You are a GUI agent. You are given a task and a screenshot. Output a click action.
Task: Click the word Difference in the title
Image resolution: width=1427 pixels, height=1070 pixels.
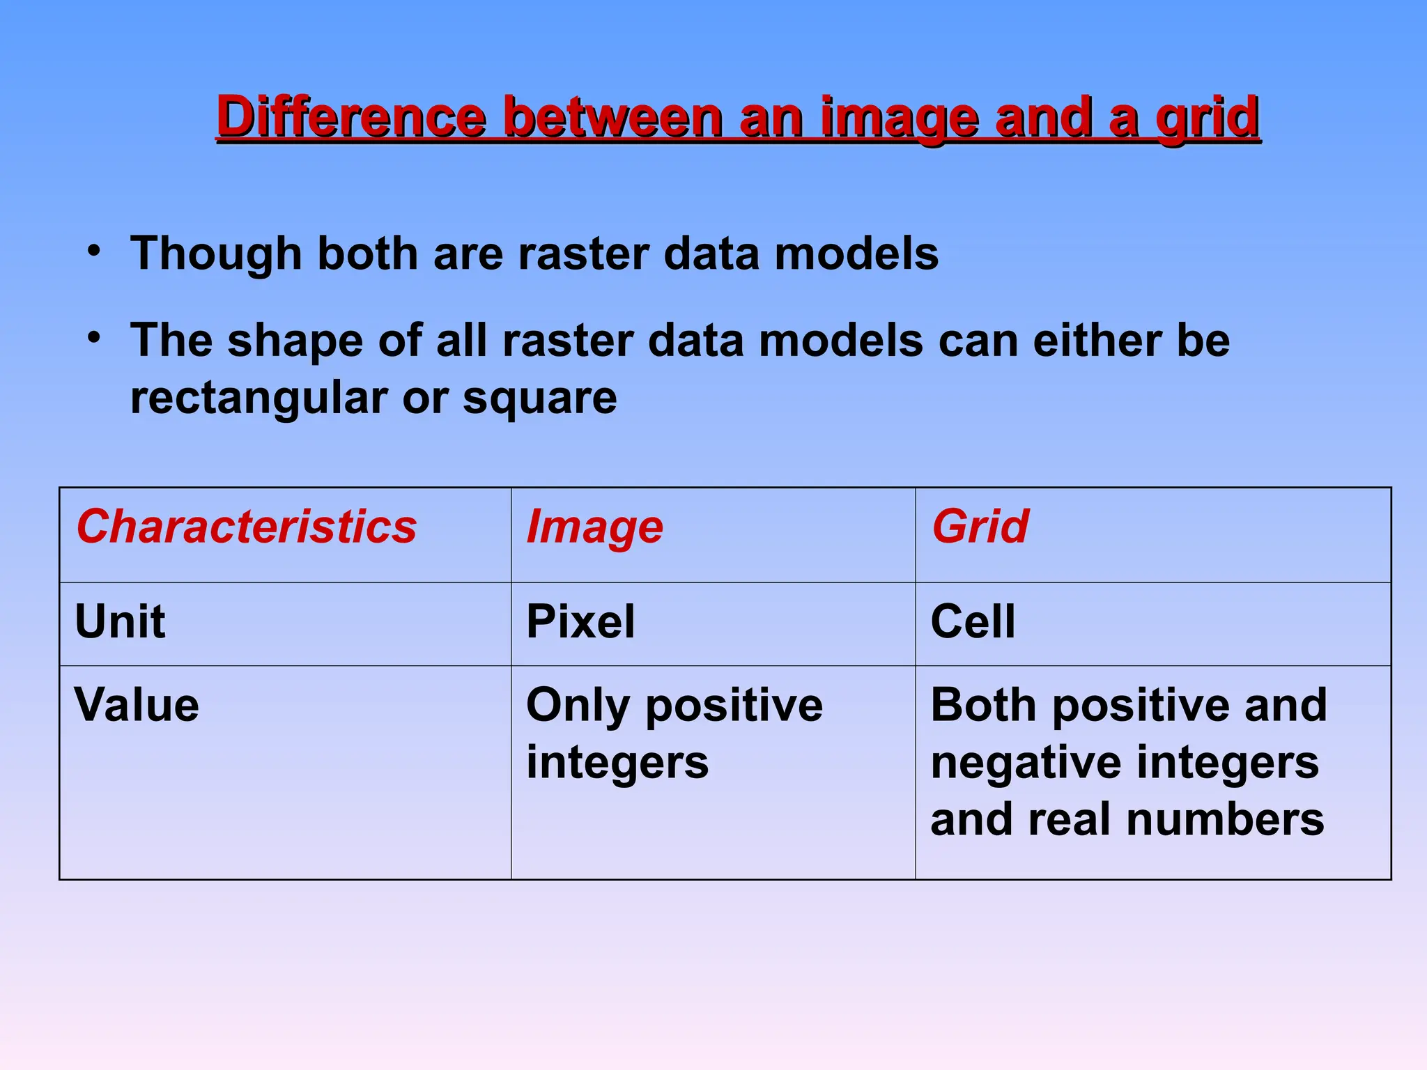tap(350, 116)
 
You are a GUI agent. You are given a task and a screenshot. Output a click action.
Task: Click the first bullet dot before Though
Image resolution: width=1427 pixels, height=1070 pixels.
tap(94, 251)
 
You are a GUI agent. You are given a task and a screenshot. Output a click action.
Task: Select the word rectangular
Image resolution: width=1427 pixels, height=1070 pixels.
tap(259, 399)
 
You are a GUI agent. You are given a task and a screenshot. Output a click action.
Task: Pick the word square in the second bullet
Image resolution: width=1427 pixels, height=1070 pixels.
tap(539, 399)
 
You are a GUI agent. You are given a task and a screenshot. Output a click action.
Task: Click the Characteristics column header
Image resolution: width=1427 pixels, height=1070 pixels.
tap(247, 527)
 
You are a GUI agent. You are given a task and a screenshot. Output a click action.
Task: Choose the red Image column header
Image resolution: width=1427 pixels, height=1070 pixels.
tap(594, 527)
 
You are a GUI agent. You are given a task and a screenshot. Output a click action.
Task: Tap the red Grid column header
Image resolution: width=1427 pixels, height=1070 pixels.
tap(980, 527)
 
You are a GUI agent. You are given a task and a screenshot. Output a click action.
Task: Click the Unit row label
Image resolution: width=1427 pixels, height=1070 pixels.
tap(120, 621)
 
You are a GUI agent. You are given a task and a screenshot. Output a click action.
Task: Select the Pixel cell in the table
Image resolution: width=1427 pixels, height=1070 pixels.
tap(580, 621)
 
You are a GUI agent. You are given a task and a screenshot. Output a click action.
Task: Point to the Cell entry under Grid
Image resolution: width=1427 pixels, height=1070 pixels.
tap(973, 621)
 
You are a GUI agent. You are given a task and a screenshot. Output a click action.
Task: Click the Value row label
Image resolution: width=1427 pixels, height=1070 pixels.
tap(137, 705)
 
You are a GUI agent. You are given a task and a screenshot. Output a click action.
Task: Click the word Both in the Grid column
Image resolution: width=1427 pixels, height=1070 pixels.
tap(983, 705)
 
